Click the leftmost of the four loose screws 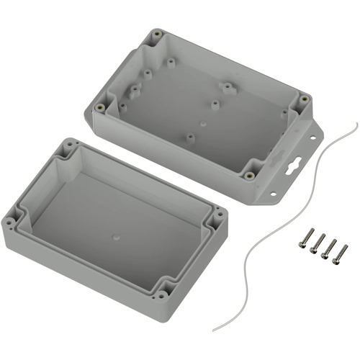(x=308, y=238)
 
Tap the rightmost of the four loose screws (x=341, y=253)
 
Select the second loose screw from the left (x=318, y=243)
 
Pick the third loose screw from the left (x=330, y=248)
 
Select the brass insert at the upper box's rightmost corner (x=305, y=98)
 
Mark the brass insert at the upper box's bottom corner (x=248, y=175)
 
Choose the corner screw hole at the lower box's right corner (x=217, y=213)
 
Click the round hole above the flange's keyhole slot (x=313, y=134)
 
